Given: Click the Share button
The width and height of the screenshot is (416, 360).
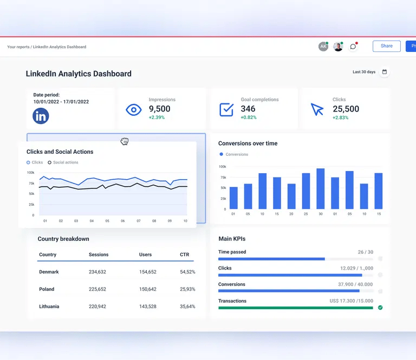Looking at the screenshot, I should tap(386, 46).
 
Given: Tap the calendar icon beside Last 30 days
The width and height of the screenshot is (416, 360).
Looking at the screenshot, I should tap(385, 72).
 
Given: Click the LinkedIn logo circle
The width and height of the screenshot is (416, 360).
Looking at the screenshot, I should tap(41, 116).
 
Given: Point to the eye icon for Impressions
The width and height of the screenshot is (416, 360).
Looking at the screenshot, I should tap(133, 110).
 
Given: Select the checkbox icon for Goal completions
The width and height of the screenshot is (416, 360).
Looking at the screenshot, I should tap(226, 109).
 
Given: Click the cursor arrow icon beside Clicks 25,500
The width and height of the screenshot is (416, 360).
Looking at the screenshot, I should tap(317, 109).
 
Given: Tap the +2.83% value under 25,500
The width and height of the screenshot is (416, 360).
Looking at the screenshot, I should tap(341, 117).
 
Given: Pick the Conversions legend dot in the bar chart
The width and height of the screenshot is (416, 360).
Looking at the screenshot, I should tap(222, 154).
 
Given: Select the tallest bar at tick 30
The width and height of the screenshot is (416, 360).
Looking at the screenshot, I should tap(320, 188).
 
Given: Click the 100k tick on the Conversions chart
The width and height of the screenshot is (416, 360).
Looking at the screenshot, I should tap(222, 167).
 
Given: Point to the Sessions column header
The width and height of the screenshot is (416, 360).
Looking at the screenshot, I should tap(99, 254).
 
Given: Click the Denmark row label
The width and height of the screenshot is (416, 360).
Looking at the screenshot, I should tap(49, 272).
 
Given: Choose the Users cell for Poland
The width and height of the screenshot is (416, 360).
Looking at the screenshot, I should tap(147, 289).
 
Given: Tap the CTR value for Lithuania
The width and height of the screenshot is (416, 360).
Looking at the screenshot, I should tap(187, 306).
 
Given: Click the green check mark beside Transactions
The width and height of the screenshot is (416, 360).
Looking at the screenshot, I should tap(380, 307).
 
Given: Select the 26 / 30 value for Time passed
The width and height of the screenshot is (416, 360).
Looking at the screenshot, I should tap(365, 252).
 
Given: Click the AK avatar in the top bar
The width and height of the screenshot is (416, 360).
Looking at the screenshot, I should tap(323, 47).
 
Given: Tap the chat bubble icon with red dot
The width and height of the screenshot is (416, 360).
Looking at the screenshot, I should tap(353, 47).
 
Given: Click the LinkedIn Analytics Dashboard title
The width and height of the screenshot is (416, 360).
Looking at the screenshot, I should tap(79, 74).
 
